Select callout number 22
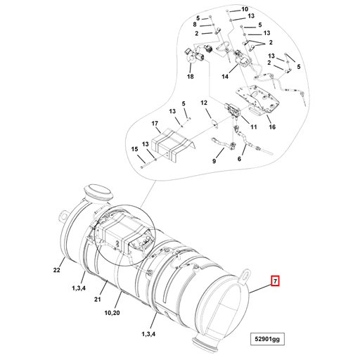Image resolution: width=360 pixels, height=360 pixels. point(58,269)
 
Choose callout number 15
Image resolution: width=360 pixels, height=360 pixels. point(134,149)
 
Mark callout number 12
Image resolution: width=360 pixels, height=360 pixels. point(205,103)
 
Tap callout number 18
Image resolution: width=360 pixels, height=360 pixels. point(190,76)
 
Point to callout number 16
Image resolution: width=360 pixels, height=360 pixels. point(271,128)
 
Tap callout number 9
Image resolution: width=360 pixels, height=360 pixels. point(216,161)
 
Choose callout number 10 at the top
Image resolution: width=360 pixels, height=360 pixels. point(245,10)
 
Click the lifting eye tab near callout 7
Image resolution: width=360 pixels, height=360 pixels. point(248,271)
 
